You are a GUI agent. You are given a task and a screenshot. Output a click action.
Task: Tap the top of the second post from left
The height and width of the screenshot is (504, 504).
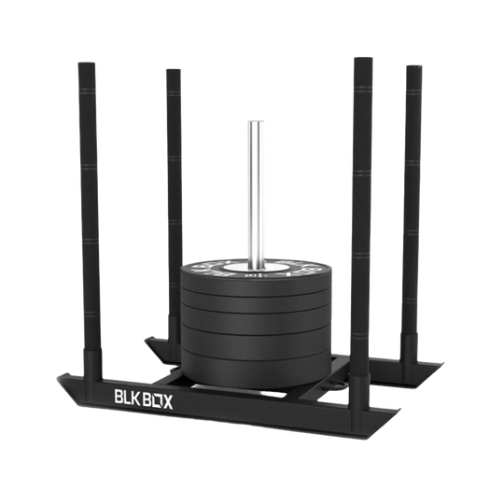(171, 70)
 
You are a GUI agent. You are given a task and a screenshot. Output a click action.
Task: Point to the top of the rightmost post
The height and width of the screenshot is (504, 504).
(413, 66)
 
